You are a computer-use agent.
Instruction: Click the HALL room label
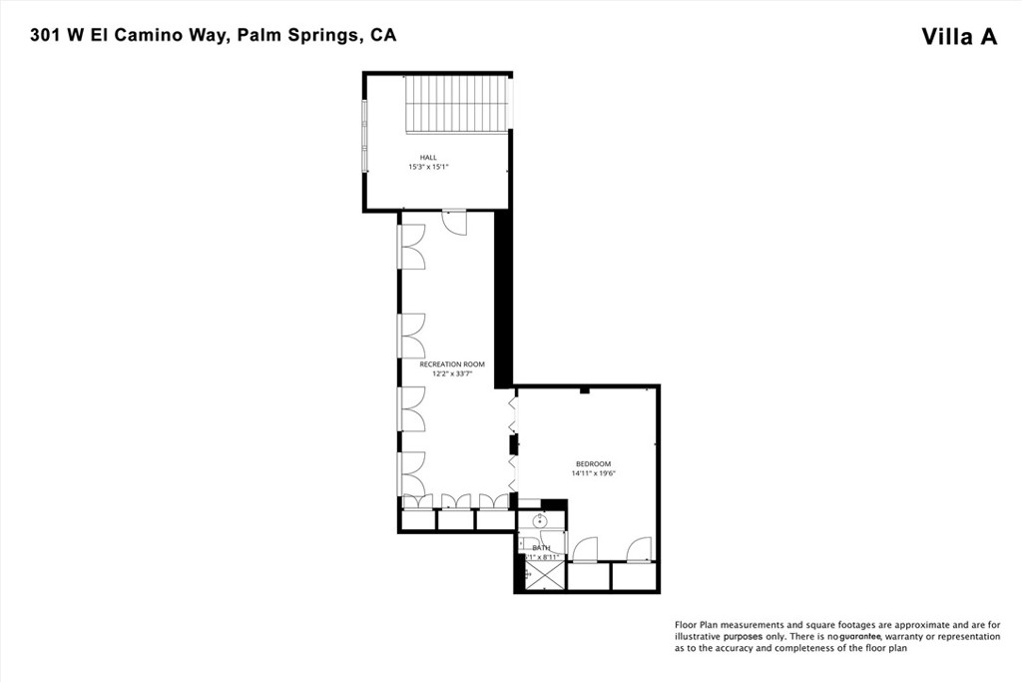pyautogui.click(x=428, y=157)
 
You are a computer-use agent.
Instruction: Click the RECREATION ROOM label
pyautogui.click(x=452, y=364)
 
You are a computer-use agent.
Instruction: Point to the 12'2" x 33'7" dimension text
pyautogui.click(x=452, y=373)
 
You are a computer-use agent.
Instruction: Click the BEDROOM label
pyautogui.click(x=593, y=463)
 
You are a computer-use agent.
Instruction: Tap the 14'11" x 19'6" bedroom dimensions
pyautogui.click(x=593, y=473)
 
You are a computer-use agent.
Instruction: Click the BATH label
pyautogui.click(x=541, y=547)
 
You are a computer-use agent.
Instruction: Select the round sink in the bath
pyautogui.click(x=540, y=521)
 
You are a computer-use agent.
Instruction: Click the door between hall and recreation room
pyautogui.click(x=455, y=222)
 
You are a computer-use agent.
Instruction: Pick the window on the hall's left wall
pyautogui.click(x=364, y=135)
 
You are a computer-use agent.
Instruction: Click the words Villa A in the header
pyautogui.click(x=959, y=37)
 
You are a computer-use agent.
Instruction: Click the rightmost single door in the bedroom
pyautogui.click(x=640, y=549)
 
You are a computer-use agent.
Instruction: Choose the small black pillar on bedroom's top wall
pyautogui.click(x=585, y=389)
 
